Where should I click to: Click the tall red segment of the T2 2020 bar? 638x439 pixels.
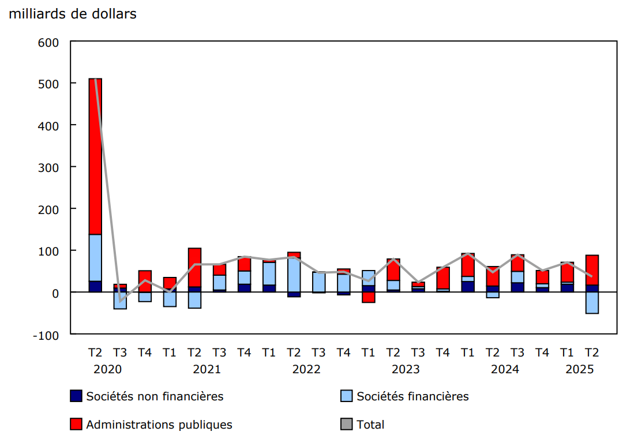click(95, 156)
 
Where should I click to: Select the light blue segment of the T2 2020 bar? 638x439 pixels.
click(95, 258)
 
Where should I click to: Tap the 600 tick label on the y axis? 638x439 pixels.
click(48, 42)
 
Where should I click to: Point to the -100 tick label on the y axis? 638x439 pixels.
click(46, 335)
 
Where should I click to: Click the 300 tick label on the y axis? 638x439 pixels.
click(48, 167)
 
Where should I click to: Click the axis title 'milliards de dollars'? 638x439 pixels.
click(73, 14)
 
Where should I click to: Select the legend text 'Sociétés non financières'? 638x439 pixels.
click(155, 396)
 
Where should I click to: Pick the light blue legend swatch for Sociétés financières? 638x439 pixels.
click(347, 396)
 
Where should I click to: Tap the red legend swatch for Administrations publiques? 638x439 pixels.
click(76, 425)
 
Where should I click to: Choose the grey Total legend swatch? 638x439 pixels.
click(347, 425)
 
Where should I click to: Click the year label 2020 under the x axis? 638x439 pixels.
click(108, 369)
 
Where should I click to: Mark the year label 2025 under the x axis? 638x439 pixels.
click(579, 369)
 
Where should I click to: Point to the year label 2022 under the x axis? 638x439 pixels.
click(306, 369)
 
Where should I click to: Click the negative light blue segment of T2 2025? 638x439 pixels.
click(592, 303)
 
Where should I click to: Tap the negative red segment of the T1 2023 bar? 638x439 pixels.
click(368, 297)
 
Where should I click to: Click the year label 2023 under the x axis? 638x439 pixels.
click(406, 369)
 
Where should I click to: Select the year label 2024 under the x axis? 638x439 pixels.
click(505, 369)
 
